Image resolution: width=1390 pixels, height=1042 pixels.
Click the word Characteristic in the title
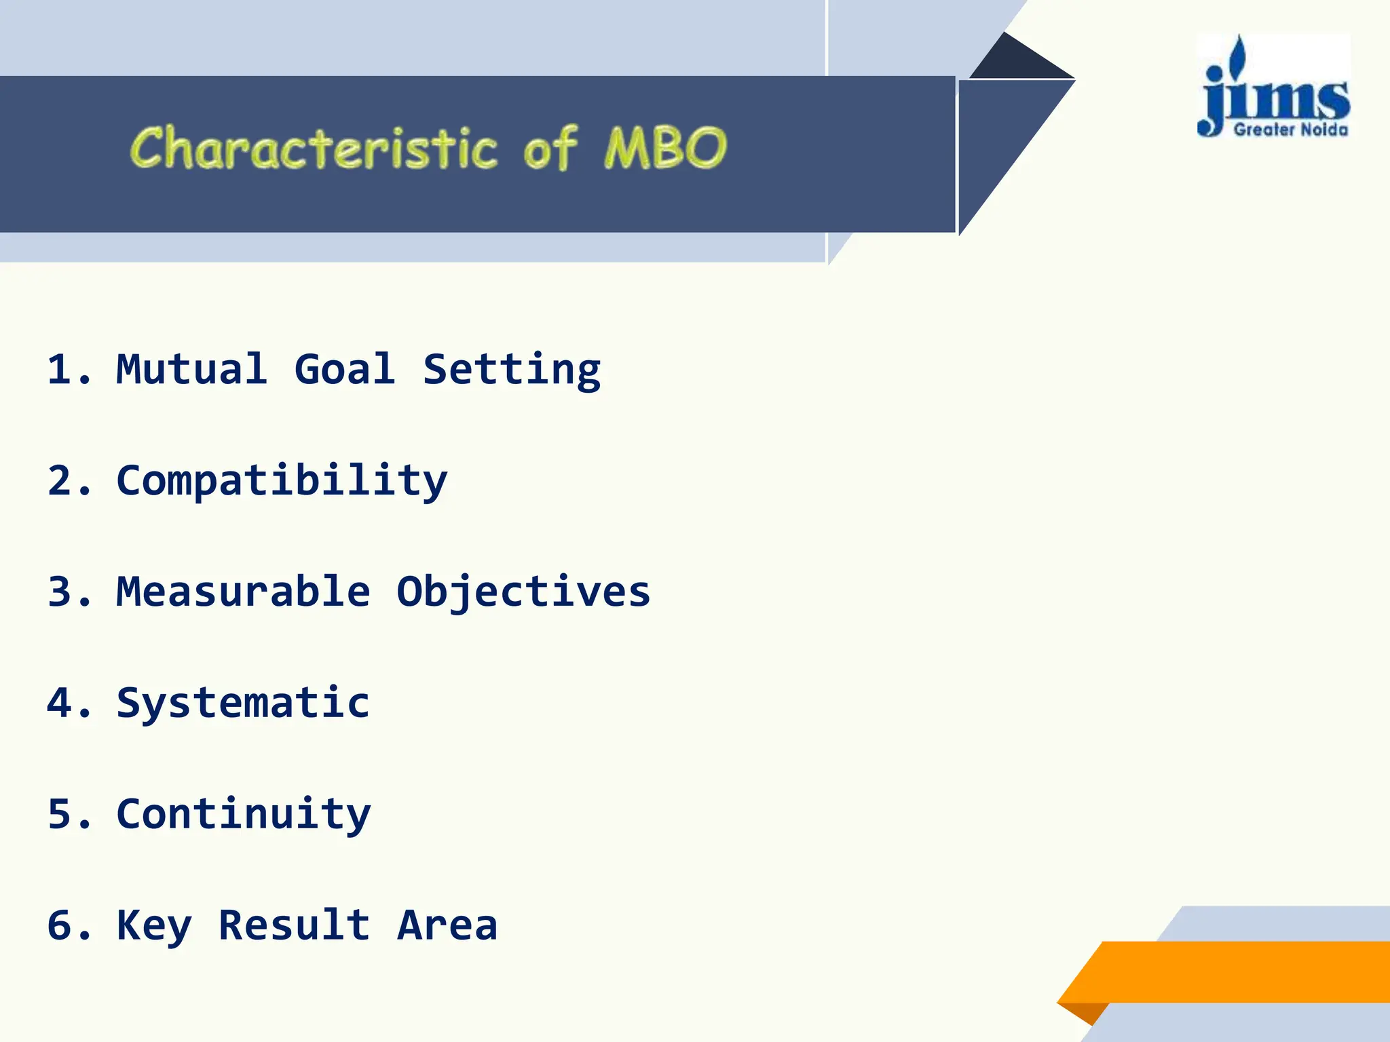(x=314, y=148)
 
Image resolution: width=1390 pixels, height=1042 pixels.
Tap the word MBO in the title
(x=665, y=148)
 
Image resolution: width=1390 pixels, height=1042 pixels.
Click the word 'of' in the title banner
(x=550, y=148)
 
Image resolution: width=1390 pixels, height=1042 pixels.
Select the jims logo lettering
(x=1275, y=95)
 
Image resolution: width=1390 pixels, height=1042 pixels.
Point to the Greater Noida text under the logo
(x=1290, y=130)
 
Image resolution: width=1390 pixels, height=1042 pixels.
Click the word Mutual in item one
(x=192, y=369)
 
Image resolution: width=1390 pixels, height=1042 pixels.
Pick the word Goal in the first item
(x=344, y=369)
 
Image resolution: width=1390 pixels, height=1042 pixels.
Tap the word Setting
(x=512, y=370)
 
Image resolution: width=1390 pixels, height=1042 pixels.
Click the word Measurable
(x=243, y=592)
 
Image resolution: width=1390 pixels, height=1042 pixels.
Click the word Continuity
(x=243, y=815)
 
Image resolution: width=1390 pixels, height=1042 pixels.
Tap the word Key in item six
(x=154, y=926)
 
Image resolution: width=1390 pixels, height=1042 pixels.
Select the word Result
(x=294, y=925)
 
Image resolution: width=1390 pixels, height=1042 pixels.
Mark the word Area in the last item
(x=447, y=925)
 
